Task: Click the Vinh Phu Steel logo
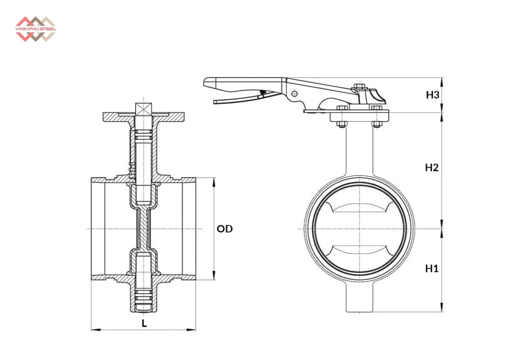click(x=36, y=29)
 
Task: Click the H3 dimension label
click(x=432, y=95)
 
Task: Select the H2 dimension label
click(x=432, y=168)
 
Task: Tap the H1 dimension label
click(x=432, y=268)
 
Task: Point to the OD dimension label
click(x=225, y=229)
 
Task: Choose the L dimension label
click(x=144, y=323)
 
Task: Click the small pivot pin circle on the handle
click(x=294, y=93)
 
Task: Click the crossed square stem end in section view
click(x=144, y=109)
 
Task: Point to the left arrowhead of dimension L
click(x=96, y=330)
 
